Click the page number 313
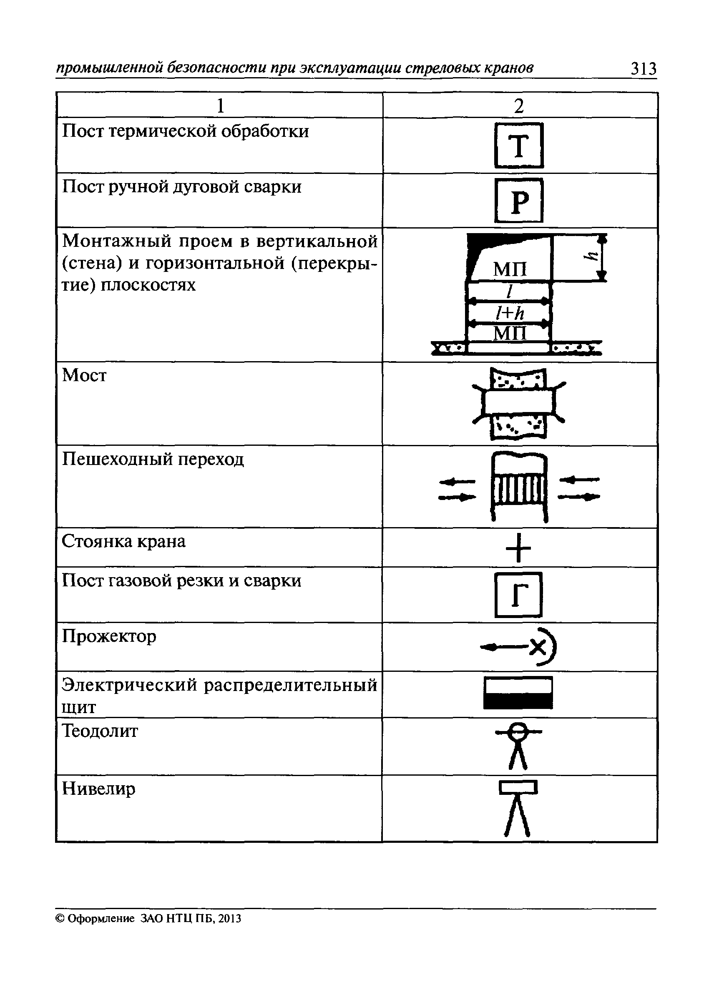(644, 69)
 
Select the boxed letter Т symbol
(519, 146)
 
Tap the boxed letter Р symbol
(519, 201)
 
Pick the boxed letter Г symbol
(518, 595)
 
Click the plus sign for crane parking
(518, 548)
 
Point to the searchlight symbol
(518, 647)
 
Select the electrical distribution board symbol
(518, 693)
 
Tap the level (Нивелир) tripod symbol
(518, 809)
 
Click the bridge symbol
(518, 404)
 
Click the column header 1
(220, 106)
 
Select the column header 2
(518, 106)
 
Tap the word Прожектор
(108, 637)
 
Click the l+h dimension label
(510, 313)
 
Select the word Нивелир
(98, 789)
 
